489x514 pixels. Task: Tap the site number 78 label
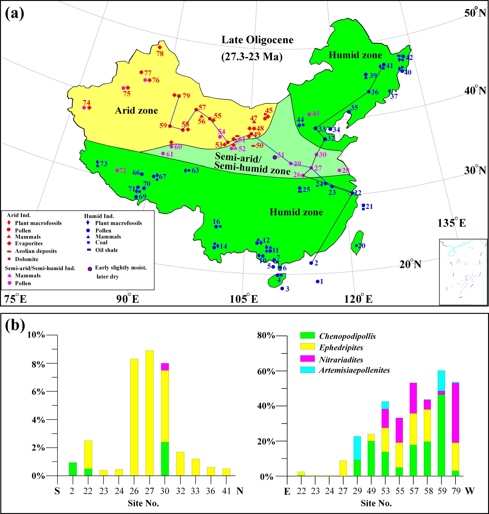160,54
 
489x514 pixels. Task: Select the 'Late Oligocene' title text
257,40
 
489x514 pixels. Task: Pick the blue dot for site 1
317,281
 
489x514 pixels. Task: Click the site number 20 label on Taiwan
361,246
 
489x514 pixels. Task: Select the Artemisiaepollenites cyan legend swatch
307,370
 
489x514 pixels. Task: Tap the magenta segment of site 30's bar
165,367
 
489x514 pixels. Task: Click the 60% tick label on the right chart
266,371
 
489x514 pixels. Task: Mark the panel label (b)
15,325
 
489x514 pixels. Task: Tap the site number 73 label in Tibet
104,164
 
